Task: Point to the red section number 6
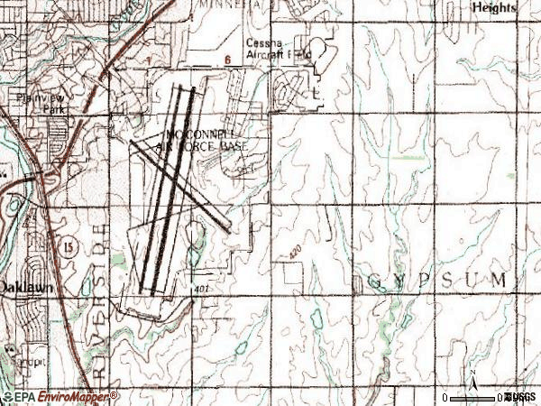(228, 60)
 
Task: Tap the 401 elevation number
(200, 290)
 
